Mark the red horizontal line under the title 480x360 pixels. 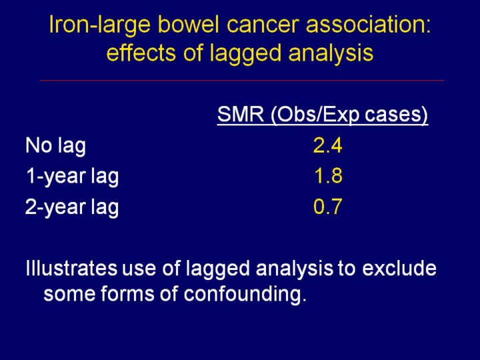tap(241, 80)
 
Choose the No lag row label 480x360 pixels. tap(55, 145)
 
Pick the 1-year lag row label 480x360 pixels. tap(72, 177)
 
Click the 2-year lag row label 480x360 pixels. tap(72, 208)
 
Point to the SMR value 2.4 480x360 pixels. tap(327, 145)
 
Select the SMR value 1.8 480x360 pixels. tap(327, 177)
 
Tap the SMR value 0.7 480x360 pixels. tap(327, 208)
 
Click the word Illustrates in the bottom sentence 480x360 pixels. tap(71, 269)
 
